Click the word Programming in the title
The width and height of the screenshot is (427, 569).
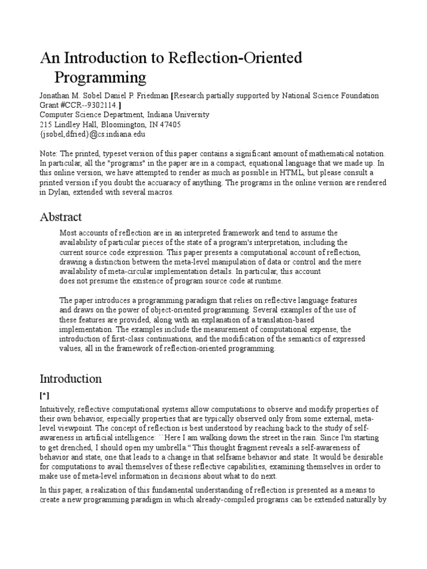click(100, 76)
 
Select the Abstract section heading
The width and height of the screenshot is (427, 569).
click(61, 217)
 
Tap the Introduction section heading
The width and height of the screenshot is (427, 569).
click(71, 379)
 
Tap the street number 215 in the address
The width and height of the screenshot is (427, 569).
click(46, 124)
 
